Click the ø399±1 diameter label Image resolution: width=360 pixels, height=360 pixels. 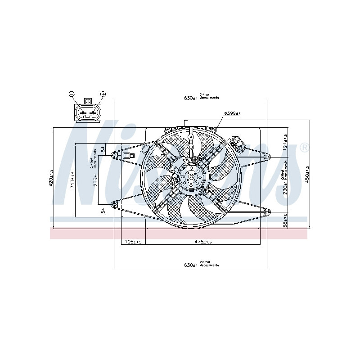pos(232,113)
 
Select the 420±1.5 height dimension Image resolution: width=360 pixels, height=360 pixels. pos(51,178)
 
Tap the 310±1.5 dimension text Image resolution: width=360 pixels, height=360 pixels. pos(72,180)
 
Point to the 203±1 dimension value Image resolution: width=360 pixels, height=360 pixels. pos(95,180)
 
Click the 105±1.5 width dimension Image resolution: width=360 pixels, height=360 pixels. pos(133,242)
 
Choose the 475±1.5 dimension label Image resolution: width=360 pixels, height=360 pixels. pos(204,242)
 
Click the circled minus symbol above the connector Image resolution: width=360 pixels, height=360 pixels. pos(71,94)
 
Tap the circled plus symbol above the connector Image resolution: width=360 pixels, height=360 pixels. pos(103,94)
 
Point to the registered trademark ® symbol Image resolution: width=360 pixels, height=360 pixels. pos(304,147)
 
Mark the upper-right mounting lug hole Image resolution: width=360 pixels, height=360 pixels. pos(267,156)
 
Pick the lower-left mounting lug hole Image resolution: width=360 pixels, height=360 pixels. pos(115,205)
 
